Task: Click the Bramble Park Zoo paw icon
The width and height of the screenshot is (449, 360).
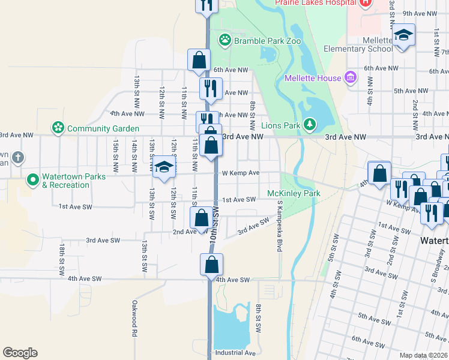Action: (x=224, y=40)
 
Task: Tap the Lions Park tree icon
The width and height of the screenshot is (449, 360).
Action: (x=310, y=125)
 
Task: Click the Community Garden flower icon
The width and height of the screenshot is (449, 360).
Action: (x=58, y=128)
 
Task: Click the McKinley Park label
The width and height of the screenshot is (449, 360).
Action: (x=294, y=193)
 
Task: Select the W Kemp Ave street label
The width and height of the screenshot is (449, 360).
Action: (x=240, y=173)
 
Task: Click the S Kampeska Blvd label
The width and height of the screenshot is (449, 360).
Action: (x=279, y=226)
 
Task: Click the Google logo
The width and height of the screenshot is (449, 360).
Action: (x=20, y=353)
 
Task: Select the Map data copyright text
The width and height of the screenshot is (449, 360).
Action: (x=424, y=355)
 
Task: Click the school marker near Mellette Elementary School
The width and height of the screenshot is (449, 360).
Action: (x=404, y=35)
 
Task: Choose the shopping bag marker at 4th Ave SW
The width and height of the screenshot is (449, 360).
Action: (x=211, y=265)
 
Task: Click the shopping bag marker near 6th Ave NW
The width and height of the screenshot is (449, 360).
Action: (x=199, y=60)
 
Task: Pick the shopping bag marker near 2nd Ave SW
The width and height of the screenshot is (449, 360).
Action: (x=201, y=218)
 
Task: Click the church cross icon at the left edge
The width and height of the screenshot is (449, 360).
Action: (x=18, y=158)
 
